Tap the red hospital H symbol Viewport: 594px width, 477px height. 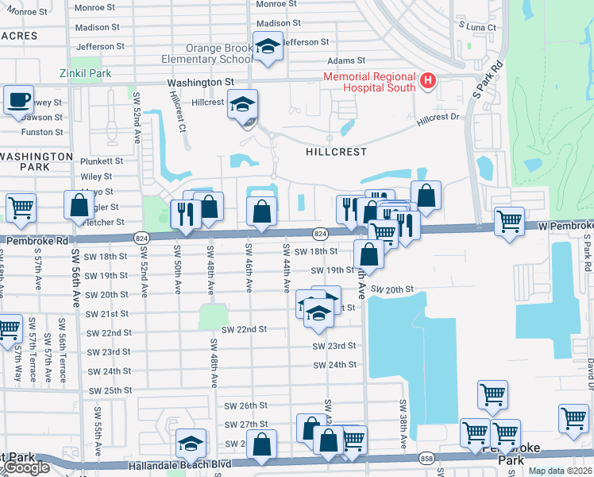click(427, 80)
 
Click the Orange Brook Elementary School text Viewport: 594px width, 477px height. click(207, 53)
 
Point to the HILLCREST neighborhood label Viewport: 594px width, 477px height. click(337, 151)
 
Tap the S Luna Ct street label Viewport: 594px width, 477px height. click(477, 27)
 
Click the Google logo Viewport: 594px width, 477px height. click(25, 467)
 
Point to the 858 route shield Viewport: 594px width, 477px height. click(427, 460)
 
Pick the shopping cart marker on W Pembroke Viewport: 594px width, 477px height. click(509, 220)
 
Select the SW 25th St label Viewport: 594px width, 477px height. click(110, 391)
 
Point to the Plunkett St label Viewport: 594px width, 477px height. click(102, 161)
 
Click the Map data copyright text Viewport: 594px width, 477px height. click(559, 471)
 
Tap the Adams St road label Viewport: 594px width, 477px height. click(349, 60)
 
